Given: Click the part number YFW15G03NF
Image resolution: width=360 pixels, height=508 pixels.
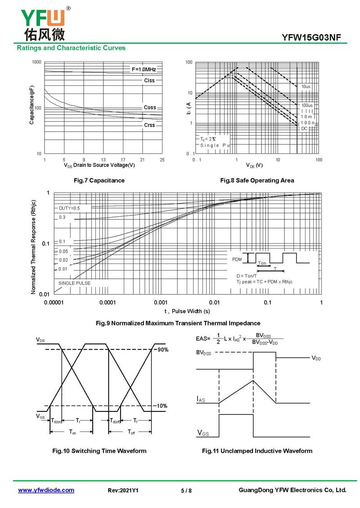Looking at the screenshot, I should [315, 37].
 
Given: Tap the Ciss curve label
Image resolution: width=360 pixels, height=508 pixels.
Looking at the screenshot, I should [149, 80].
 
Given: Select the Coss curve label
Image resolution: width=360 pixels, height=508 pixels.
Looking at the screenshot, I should [150, 107].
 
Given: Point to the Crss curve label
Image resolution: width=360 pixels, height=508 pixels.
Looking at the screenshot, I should [149, 125].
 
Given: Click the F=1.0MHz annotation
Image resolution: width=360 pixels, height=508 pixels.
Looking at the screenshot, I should [144, 69].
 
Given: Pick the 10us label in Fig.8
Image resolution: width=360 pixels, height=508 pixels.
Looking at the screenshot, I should [306, 86].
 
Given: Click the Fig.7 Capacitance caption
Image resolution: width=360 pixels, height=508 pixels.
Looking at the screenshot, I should [99, 180].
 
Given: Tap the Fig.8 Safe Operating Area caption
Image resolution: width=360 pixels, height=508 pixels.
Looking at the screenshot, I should [257, 180].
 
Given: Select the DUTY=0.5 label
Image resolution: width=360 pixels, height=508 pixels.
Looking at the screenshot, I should [69, 208].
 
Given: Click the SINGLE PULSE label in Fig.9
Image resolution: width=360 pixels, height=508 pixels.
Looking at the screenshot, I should [74, 283].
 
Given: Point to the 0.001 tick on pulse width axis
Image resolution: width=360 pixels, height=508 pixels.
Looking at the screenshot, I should [161, 303].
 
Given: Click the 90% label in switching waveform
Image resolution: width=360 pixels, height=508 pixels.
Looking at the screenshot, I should [162, 349].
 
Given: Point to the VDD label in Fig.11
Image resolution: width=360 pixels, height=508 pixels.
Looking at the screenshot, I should [316, 358].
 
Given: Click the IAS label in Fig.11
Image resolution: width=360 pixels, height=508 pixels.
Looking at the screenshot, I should [201, 399].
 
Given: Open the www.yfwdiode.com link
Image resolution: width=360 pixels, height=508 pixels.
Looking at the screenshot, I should [46, 490].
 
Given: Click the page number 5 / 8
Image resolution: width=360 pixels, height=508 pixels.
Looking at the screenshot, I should [186, 490].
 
